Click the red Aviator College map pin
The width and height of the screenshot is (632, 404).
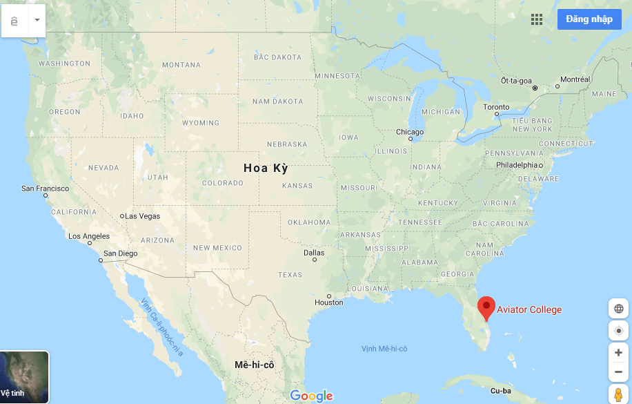(486, 307)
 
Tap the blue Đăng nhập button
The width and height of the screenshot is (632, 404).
(589, 19)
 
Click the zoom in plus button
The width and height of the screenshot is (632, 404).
(618, 353)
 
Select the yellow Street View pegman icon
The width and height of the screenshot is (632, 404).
(618, 395)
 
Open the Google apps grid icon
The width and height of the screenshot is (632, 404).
(537, 19)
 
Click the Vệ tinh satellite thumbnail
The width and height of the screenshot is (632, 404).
(24, 377)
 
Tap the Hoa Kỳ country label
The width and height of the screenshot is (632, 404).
(266, 168)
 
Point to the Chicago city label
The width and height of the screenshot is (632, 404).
(410, 132)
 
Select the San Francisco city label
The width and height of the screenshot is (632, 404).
(46, 189)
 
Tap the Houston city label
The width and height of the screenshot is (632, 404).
(328, 302)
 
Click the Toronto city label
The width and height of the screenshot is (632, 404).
(496, 107)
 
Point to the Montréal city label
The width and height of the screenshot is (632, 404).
(575, 79)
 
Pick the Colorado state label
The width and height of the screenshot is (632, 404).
(223, 183)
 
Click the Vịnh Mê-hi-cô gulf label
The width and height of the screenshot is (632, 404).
(384, 349)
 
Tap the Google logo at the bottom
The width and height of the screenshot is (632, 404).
(311, 396)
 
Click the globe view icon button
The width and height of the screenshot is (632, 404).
(618, 309)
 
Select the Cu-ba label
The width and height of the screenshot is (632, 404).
(500, 391)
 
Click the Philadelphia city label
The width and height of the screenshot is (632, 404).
(517, 165)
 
